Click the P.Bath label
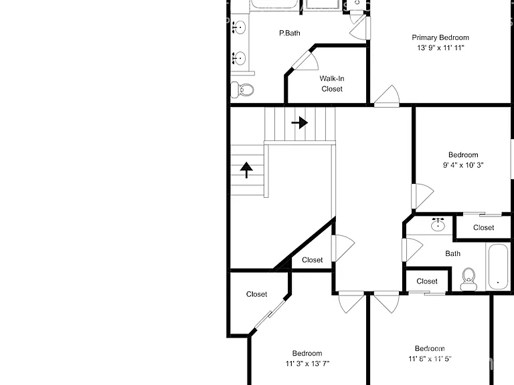[289, 33]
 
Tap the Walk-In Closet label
[332, 84]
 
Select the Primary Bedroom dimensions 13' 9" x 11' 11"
[440, 48]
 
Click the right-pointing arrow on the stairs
[300, 123]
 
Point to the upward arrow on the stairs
[246, 170]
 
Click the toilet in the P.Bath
[242, 90]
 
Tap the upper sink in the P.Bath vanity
[239, 27]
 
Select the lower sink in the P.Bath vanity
[239, 58]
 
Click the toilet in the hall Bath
[468, 279]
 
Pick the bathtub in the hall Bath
[498, 267]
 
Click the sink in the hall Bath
[438, 225]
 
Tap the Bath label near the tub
[452, 253]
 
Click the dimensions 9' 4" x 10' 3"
[463, 165]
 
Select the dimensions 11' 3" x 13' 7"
[307, 364]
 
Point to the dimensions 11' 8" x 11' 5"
[430, 358]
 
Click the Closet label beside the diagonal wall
[312, 260]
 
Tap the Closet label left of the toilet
[427, 281]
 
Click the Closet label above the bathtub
[483, 227]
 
